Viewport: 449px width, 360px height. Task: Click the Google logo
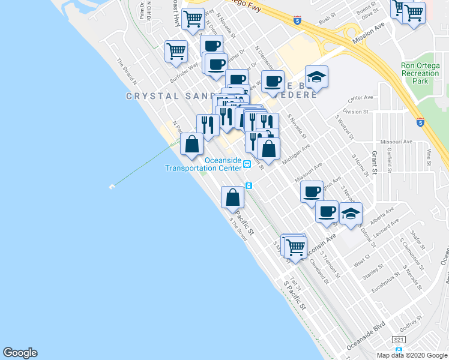[x=20, y=353]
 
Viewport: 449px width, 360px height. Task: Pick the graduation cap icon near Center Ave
[x=316, y=77]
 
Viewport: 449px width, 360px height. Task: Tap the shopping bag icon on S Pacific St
[x=232, y=197]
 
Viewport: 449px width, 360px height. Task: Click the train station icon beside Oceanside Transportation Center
[x=247, y=167]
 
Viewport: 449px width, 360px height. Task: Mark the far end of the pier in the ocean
[x=111, y=187]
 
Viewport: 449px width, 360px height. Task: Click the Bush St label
[x=325, y=20]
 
